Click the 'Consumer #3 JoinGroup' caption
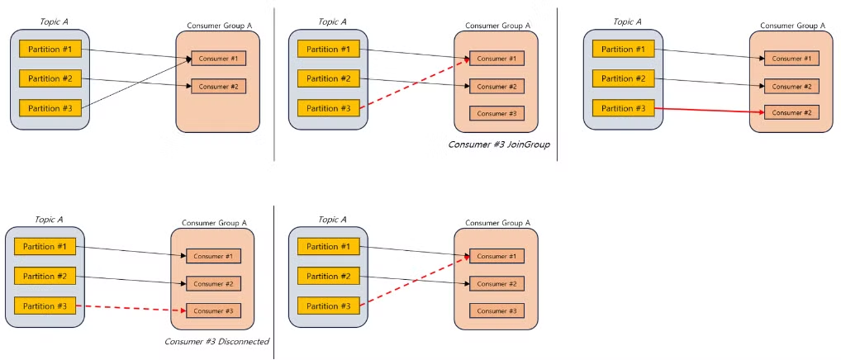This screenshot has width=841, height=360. pos(499,144)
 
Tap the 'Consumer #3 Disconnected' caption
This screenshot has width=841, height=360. pos(216,342)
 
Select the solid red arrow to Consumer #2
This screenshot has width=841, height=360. pos(709,111)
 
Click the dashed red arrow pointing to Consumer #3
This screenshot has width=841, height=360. pos(131,308)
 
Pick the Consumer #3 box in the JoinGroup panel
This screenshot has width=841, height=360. pos(497,114)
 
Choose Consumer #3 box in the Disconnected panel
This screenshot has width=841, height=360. pos(213,310)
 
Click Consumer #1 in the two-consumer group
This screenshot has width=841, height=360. pos(219,59)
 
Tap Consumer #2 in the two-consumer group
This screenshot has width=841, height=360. pos(219,86)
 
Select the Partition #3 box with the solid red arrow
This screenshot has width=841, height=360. pos(623,108)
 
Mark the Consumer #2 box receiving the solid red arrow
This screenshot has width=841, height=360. pos(791,113)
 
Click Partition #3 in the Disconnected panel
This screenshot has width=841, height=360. pos(45,306)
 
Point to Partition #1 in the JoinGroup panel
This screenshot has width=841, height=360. pos(328,50)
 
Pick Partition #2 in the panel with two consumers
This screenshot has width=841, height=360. pos(50,78)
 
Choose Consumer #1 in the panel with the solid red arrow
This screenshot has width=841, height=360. pos(791,59)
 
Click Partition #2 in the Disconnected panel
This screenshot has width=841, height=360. pos(45,277)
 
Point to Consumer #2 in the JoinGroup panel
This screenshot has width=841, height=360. pos(497,86)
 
